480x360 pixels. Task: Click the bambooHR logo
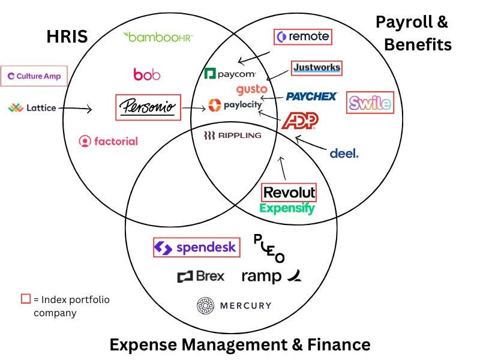point(157,37)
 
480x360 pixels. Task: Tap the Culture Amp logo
point(34,76)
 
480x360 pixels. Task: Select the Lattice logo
point(32,108)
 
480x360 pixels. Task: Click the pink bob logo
point(146,74)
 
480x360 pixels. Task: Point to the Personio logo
point(147,107)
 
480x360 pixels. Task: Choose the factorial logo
point(108,141)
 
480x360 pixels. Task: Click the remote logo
point(302,37)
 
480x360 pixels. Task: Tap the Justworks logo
point(316,68)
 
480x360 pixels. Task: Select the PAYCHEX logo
point(311,96)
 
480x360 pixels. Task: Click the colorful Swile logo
point(370,103)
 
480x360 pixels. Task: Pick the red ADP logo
point(299,121)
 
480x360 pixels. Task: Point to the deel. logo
point(344,154)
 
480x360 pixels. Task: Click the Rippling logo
point(232,135)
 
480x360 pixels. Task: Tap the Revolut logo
point(289,193)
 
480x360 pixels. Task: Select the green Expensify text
point(287,208)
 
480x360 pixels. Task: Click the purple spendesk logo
point(196,247)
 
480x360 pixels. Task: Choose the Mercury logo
point(234,305)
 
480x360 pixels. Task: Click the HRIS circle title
point(67,37)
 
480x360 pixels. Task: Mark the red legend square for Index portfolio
point(26,299)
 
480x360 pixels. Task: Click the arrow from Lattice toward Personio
point(75,109)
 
